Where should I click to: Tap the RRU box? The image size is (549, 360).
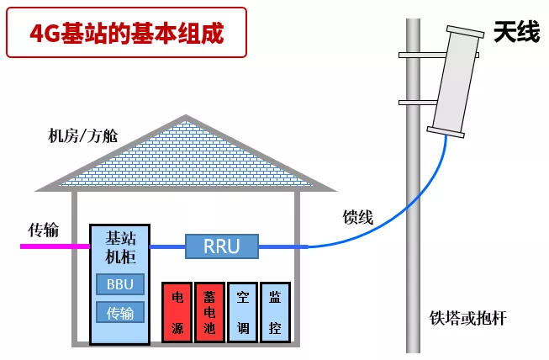pyautogui.click(x=222, y=246)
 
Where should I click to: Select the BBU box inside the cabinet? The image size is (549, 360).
pyautogui.click(x=119, y=284)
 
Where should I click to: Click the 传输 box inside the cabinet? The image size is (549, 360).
pyautogui.click(x=119, y=313)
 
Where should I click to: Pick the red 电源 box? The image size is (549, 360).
pyautogui.click(x=177, y=312)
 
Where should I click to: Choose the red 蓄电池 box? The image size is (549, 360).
pyautogui.click(x=209, y=312)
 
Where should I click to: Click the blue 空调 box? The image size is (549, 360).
pyautogui.click(x=242, y=312)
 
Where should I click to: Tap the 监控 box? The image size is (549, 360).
pyautogui.click(x=275, y=312)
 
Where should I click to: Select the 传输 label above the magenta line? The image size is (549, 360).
pyautogui.click(x=44, y=229)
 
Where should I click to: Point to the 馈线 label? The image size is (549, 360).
pyautogui.click(x=357, y=216)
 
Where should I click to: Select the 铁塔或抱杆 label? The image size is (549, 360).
pyautogui.click(x=469, y=318)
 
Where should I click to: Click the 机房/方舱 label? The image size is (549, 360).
pyautogui.click(x=83, y=135)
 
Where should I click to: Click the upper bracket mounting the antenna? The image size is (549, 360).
pyautogui.click(x=420, y=56)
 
